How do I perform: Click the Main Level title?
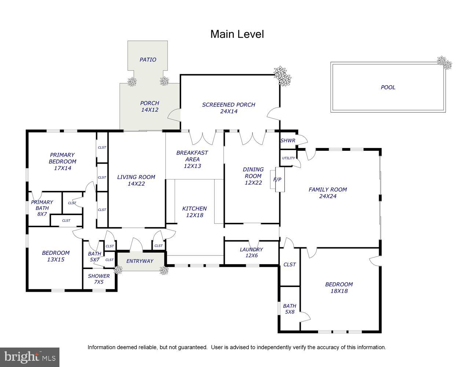[237, 34]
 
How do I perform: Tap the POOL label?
[388, 87]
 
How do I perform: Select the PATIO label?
[148, 59]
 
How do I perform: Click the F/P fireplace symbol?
[277, 179]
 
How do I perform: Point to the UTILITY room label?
[288, 158]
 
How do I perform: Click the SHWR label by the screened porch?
[288, 141]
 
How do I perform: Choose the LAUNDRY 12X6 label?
[251, 252]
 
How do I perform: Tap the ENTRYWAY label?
[140, 261]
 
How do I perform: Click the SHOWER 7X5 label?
[99, 279]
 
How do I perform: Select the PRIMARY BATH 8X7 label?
[42, 208]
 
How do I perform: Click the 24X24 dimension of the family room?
[328, 196]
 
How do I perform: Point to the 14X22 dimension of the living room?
[136, 184]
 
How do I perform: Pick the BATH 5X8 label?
[290, 309]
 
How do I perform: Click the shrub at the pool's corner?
[444, 63]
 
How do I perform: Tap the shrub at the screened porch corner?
[282, 76]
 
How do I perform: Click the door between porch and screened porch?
[174, 115]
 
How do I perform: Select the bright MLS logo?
[30, 357]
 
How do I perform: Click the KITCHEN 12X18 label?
[194, 212]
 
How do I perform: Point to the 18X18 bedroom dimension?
[339, 291]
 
